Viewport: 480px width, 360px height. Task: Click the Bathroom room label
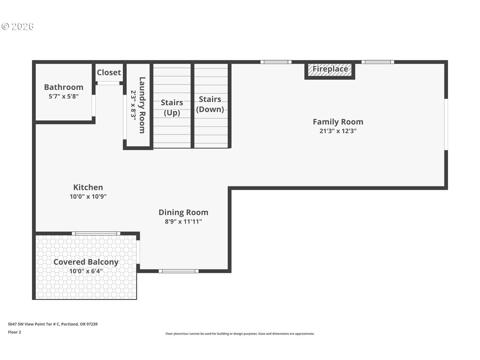tap(64, 87)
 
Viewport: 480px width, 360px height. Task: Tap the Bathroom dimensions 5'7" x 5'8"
tap(64, 97)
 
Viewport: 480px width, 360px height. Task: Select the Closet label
tap(109, 72)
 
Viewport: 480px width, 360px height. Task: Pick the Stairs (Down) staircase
tap(210, 104)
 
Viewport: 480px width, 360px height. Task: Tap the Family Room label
tap(338, 122)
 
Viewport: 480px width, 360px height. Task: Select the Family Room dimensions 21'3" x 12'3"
tap(338, 131)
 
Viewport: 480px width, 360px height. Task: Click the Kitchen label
tap(88, 187)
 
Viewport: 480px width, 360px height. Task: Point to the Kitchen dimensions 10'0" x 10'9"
tap(88, 197)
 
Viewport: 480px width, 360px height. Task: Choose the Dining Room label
tap(183, 212)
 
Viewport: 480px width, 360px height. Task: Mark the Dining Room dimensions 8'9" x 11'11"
tap(183, 222)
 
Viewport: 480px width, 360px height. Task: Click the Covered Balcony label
tap(86, 262)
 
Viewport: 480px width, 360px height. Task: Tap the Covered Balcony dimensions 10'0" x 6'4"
tap(86, 271)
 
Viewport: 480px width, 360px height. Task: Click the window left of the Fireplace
tap(276, 62)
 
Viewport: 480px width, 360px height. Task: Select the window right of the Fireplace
tap(378, 62)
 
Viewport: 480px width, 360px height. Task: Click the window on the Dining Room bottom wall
tap(178, 271)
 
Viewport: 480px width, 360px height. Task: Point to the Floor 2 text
tap(15, 332)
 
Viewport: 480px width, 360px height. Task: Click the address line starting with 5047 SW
tap(53, 324)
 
